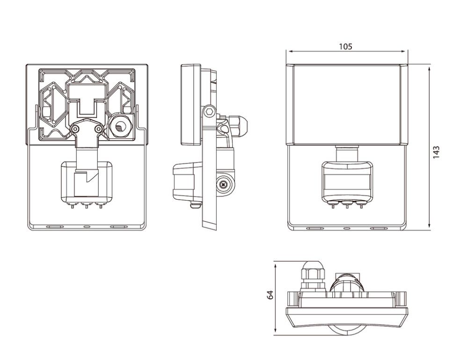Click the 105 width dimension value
point(346,47)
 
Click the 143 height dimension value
point(436,152)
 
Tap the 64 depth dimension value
point(270,295)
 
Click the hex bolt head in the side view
point(209,112)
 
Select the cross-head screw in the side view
point(223,185)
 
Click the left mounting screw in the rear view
point(74,129)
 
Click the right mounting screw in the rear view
point(98,129)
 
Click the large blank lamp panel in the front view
point(347,104)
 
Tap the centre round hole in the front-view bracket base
point(347,229)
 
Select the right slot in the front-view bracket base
point(379,229)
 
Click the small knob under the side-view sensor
point(196,205)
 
